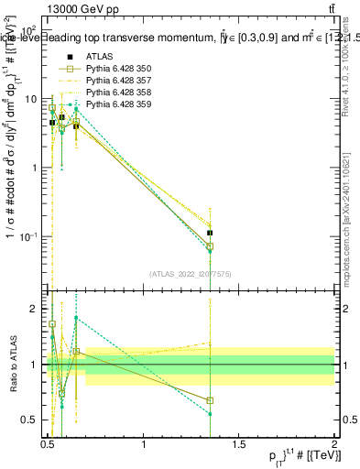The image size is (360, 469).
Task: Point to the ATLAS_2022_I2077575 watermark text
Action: [191, 274]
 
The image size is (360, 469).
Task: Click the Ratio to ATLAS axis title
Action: [14, 365]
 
